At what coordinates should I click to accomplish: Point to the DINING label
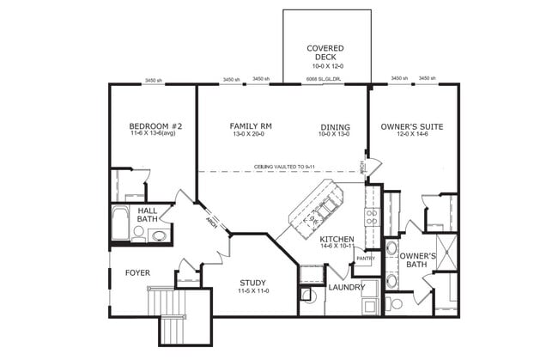pyautogui.click(x=335, y=126)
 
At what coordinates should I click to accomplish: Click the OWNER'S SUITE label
pyautogui.click(x=411, y=127)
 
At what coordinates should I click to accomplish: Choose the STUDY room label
pyautogui.click(x=252, y=283)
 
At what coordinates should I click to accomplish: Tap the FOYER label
pyautogui.click(x=138, y=274)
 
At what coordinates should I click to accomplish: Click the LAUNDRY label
pyautogui.click(x=346, y=287)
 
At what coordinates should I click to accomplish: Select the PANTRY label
pyautogui.click(x=366, y=258)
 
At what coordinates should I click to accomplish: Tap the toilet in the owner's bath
pyautogui.click(x=397, y=303)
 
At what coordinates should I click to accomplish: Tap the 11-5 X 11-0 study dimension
pyautogui.click(x=252, y=291)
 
